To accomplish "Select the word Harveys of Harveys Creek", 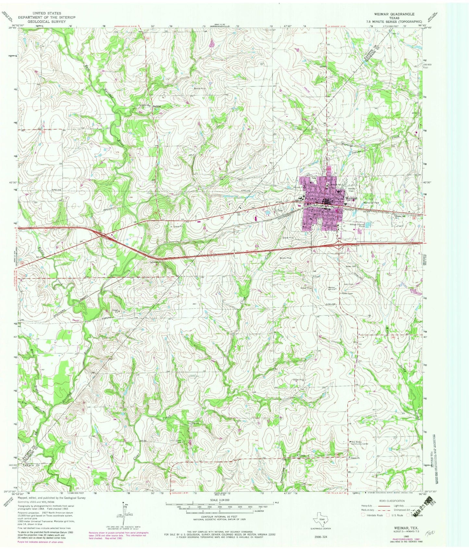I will point(347,146).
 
